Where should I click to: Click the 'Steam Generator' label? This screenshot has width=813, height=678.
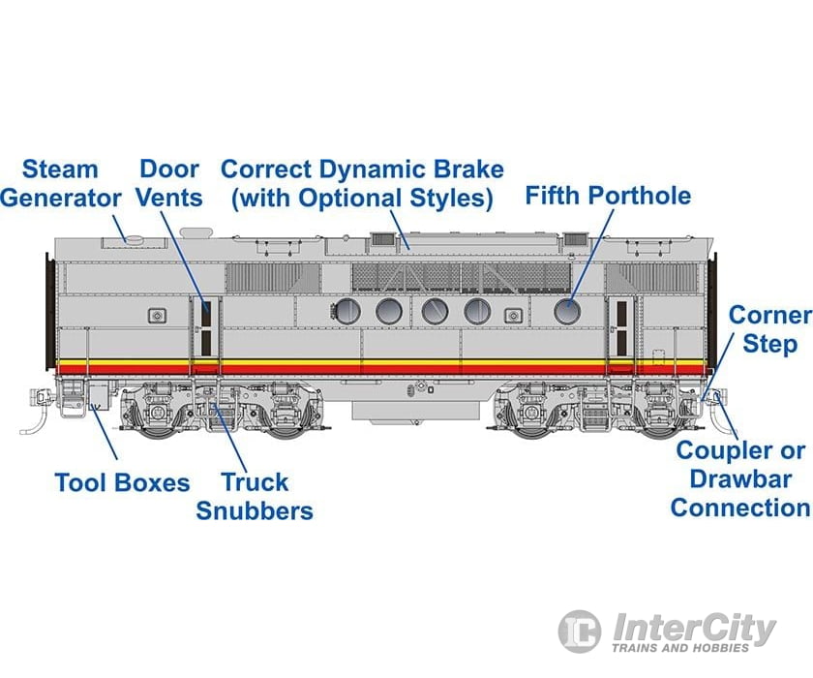click(x=60, y=183)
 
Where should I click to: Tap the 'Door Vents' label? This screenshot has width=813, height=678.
click(x=169, y=183)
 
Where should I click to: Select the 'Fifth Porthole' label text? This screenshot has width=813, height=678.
click(x=608, y=196)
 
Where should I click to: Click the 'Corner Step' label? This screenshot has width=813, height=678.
click(x=768, y=329)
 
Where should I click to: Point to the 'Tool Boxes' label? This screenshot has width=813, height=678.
click(x=122, y=481)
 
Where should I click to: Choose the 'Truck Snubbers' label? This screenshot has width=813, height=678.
click(x=255, y=496)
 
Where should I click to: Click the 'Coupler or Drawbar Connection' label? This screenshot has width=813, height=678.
click(x=739, y=478)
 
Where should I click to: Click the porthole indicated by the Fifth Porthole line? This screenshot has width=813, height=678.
click(x=566, y=311)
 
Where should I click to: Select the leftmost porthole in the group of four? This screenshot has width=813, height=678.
click(x=346, y=311)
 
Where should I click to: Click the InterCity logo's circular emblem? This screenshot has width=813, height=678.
click(x=580, y=631)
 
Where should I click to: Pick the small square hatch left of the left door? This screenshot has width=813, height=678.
click(x=157, y=315)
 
